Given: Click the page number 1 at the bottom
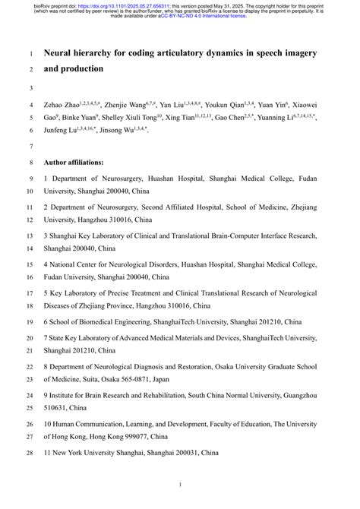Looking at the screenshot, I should click(180, 485).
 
